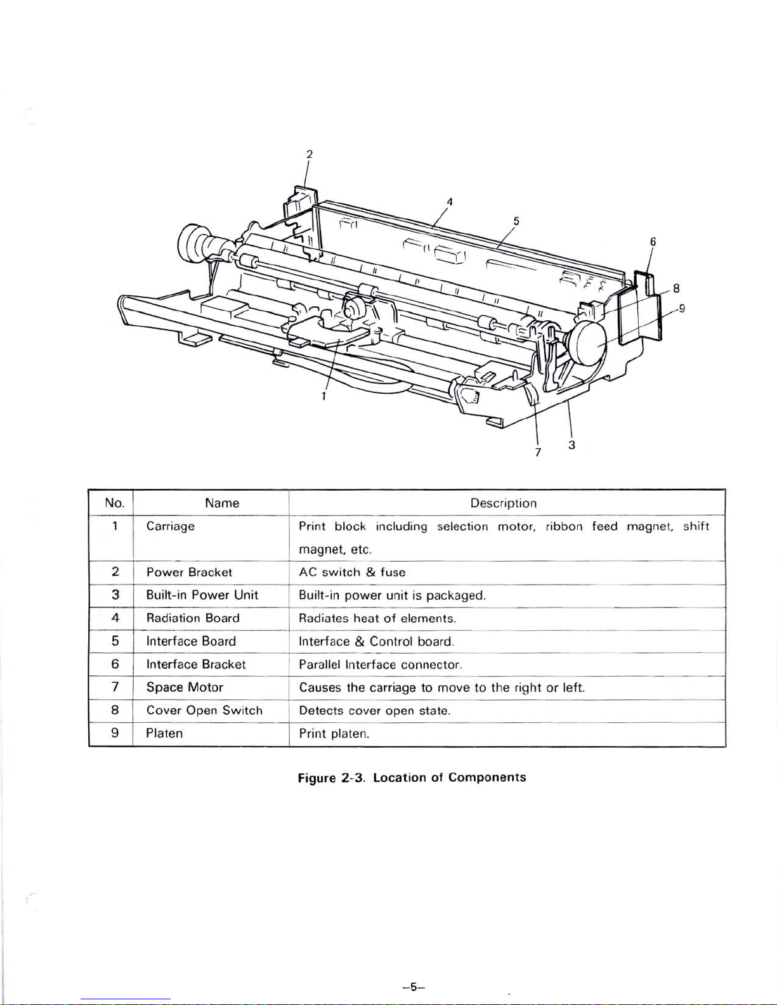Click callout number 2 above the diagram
pyautogui.click(x=309, y=154)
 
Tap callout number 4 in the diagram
pyautogui.click(x=449, y=202)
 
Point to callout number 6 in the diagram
pyautogui.click(x=653, y=241)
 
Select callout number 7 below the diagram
pyautogui.click(x=538, y=452)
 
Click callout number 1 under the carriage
pyautogui.click(x=323, y=397)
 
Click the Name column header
pyautogui.click(x=222, y=503)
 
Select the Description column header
pyautogui.click(x=503, y=503)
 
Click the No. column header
pyautogui.click(x=114, y=503)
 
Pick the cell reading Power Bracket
pyautogui.click(x=189, y=572)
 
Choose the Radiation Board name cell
pyautogui.click(x=193, y=618)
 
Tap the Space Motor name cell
pyautogui.click(x=185, y=687)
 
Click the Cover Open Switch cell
pyautogui.click(x=204, y=710)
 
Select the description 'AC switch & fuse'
pyautogui.click(x=352, y=572)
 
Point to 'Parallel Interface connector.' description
pyautogui.click(x=380, y=665)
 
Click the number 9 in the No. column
pyautogui.click(x=115, y=733)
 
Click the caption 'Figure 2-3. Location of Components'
pyautogui.click(x=412, y=777)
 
